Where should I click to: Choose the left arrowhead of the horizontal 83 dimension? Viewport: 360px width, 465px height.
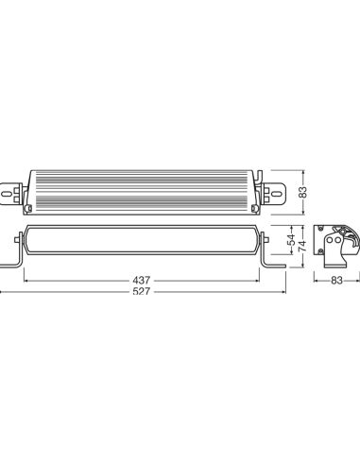[x=314, y=281]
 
